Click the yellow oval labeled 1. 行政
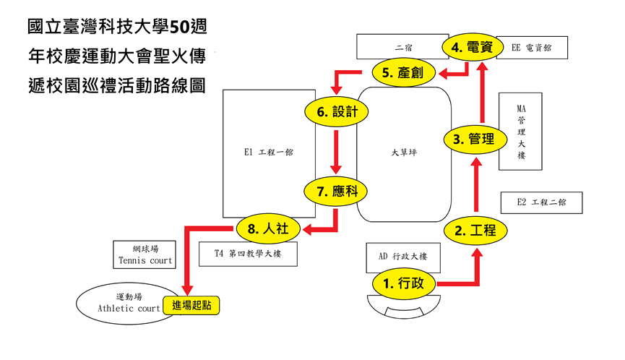pos(403,283)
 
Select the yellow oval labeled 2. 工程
pos(475,231)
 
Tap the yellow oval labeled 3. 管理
pos(475,140)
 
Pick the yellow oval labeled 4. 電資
pos(473,47)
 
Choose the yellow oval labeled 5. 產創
pos(403,72)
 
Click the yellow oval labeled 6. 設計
pos(337,111)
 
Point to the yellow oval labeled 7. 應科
pos(335,192)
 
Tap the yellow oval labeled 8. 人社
pos(268,228)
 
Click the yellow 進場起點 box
pos(191,305)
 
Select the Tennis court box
pos(145,254)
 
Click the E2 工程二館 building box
pos(541,202)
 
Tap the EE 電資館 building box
pos(532,48)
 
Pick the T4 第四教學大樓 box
pos(248,254)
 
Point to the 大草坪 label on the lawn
pos(404,153)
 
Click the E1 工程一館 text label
pos(269,152)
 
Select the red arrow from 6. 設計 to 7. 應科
pos(336,152)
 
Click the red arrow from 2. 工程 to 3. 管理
pos(476,184)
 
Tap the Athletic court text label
pos(129,308)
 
